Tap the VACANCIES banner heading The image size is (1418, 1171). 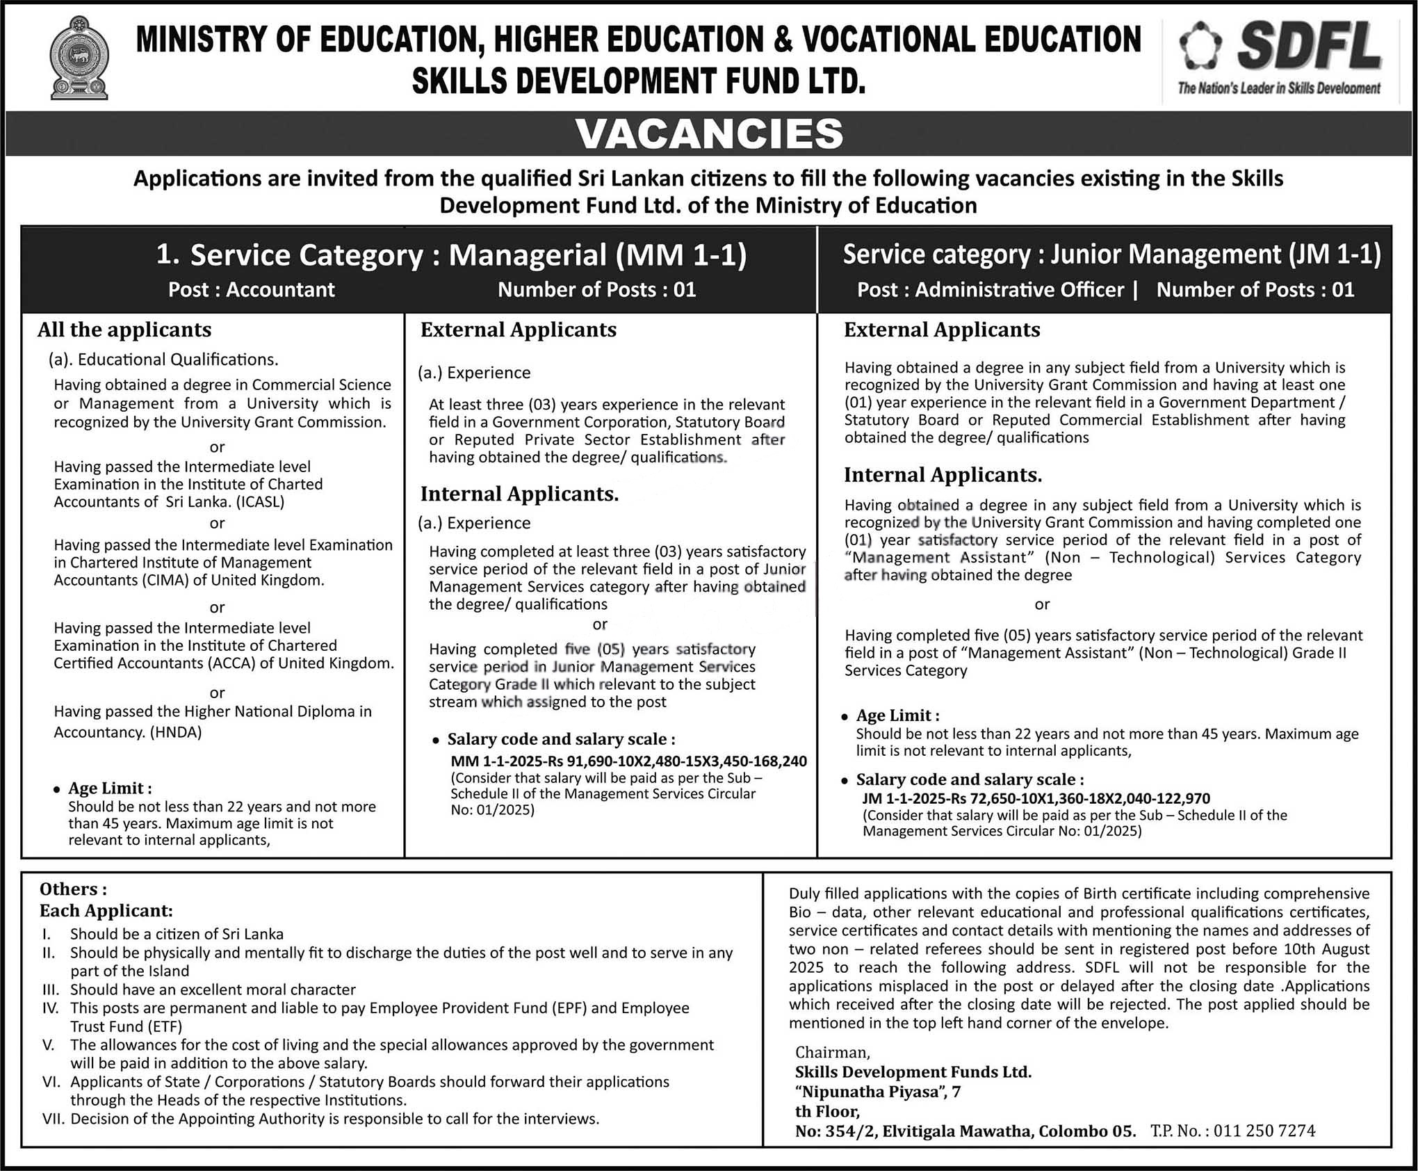pos(709,134)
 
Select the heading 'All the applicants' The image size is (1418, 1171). pos(124,330)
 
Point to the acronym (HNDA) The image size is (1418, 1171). pos(176,732)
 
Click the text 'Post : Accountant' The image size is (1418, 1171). pos(251,289)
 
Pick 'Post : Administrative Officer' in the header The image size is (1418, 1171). pos(990,289)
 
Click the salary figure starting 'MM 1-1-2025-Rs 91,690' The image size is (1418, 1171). pos(628,761)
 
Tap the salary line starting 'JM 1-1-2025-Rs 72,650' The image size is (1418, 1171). pos(1036,798)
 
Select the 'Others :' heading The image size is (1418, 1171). pos(73,889)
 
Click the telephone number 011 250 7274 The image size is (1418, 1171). pos(1264,1131)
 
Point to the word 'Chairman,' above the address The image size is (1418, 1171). pos(832,1052)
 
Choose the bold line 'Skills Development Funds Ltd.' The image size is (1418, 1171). pos(913,1072)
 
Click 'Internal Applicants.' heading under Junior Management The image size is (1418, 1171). pos(943,475)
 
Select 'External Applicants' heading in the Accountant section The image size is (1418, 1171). pos(518,330)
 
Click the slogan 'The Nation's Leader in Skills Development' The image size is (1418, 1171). pos(1278,88)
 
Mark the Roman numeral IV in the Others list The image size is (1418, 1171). pos(50,1008)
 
